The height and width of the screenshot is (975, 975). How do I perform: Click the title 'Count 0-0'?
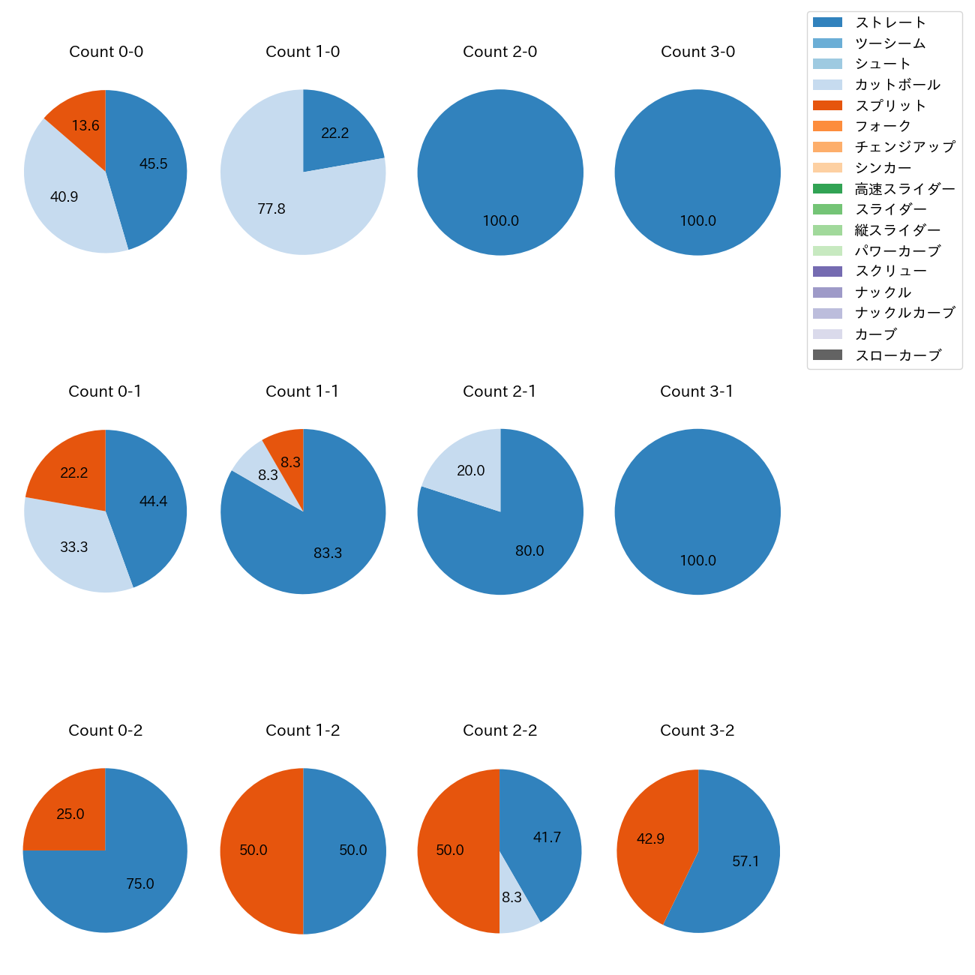point(106,52)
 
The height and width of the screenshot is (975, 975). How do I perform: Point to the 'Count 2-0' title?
point(499,52)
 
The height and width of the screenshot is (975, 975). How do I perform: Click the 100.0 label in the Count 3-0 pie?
point(697,221)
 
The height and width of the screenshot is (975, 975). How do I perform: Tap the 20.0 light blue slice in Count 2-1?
point(469,470)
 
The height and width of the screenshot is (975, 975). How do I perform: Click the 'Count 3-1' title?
point(697,391)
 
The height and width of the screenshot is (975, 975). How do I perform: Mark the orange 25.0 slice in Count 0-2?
point(69,814)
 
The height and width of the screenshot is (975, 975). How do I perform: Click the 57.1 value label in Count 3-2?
point(745,862)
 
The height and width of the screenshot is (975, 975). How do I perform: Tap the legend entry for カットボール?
point(897,85)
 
